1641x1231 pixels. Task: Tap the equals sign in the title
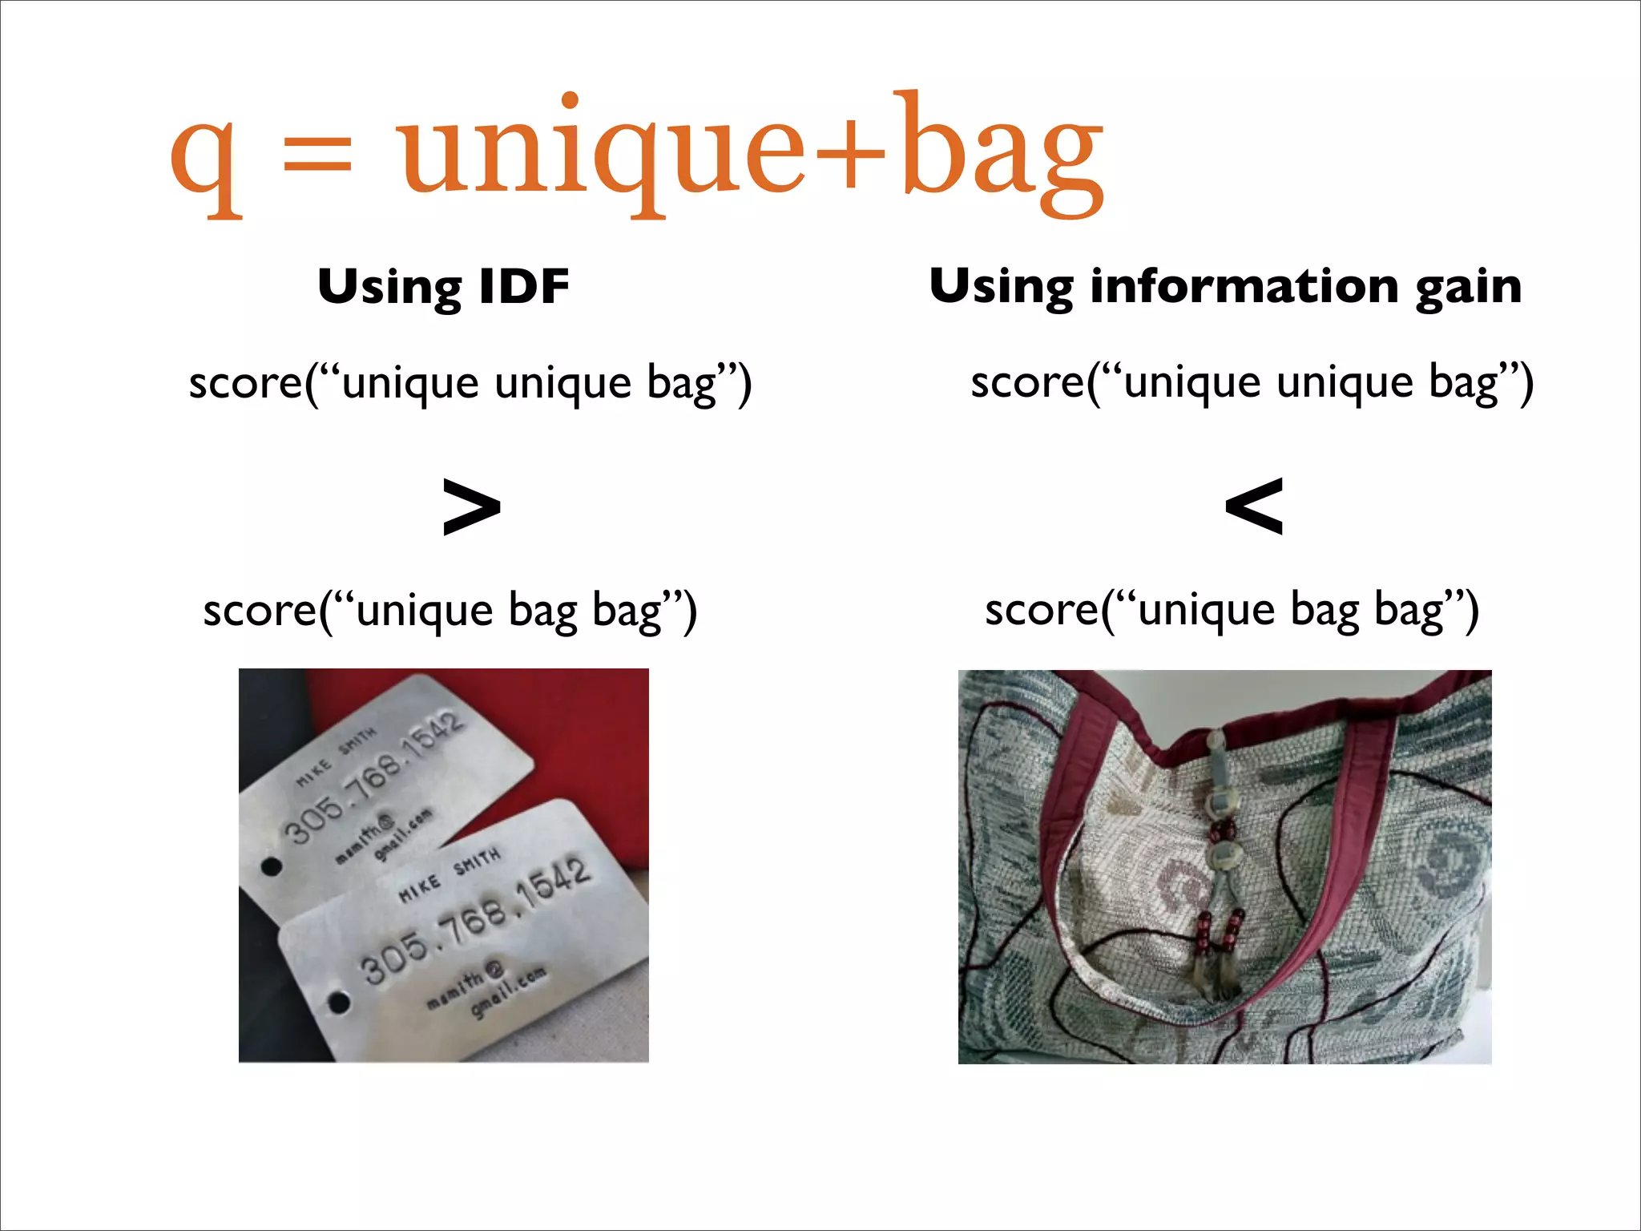pyautogui.click(x=317, y=154)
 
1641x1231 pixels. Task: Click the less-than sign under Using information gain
pyautogui.click(x=1254, y=506)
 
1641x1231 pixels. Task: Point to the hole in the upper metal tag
pyautogui.click(x=272, y=866)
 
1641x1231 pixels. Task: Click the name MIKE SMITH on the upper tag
pyautogui.click(x=336, y=757)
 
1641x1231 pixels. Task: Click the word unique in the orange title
pyautogui.click(x=601, y=152)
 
